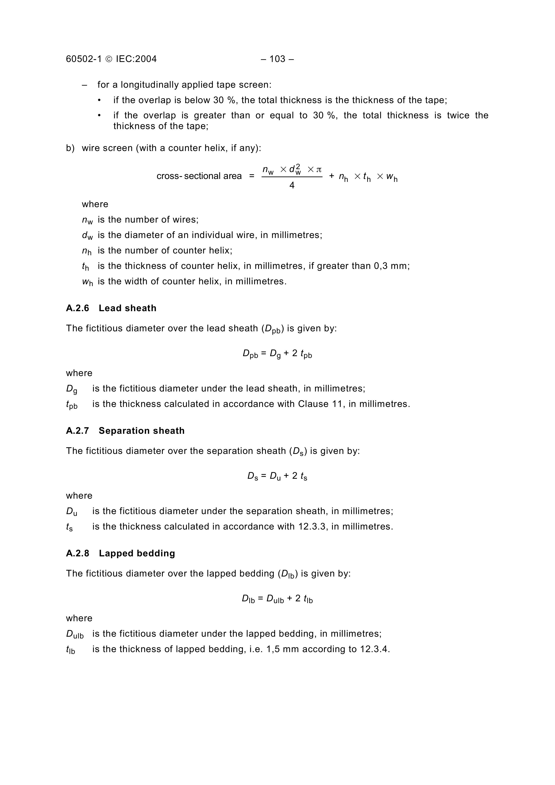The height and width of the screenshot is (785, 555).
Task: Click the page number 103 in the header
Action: pos(277,59)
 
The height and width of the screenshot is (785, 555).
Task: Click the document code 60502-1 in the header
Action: pos(84,59)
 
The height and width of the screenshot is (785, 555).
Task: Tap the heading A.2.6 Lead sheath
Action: pos(111,308)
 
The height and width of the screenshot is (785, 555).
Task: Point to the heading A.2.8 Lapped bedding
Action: pos(120,553)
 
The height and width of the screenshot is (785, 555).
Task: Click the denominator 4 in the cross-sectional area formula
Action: pos(292,185)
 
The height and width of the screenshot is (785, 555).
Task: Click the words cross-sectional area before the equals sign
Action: pos(199,176)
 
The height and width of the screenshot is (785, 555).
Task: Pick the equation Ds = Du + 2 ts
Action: pos(277,476)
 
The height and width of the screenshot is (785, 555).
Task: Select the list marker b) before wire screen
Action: pos(70,148)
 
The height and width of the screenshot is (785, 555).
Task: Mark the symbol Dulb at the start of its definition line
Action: pos(75,634)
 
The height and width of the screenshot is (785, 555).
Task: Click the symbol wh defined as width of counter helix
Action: pos(87,282)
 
